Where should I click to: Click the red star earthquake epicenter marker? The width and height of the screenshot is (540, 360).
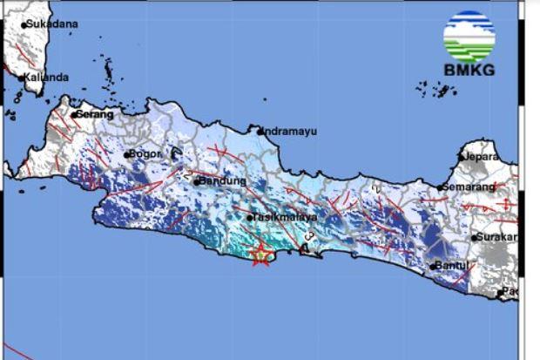[260, 255]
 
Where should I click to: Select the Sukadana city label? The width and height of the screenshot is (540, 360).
[52, 24]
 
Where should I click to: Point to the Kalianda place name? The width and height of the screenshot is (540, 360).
[48, 78]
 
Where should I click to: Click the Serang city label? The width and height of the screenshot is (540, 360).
[96, 114]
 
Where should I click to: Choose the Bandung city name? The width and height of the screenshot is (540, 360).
[220, 181]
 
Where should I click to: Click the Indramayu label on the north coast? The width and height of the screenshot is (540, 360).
[292, 131]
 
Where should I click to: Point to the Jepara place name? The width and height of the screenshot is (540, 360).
[482, 157]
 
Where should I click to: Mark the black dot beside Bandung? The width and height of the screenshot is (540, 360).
[197, 181]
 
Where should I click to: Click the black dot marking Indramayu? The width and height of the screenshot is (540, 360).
[260, 130]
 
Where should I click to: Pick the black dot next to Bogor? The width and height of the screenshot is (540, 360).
[127, 154]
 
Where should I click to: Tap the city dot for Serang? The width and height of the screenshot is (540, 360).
[75, 114]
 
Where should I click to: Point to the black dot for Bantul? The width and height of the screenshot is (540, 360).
[433, 266]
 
